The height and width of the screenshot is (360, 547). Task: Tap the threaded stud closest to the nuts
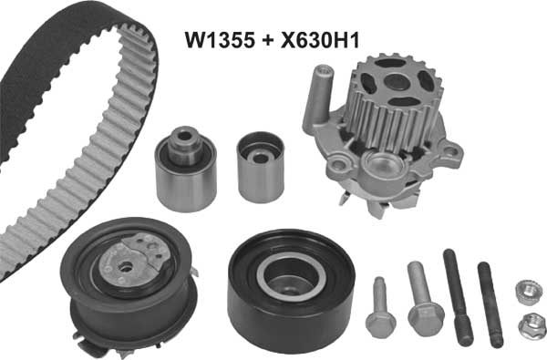coord(492,305)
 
